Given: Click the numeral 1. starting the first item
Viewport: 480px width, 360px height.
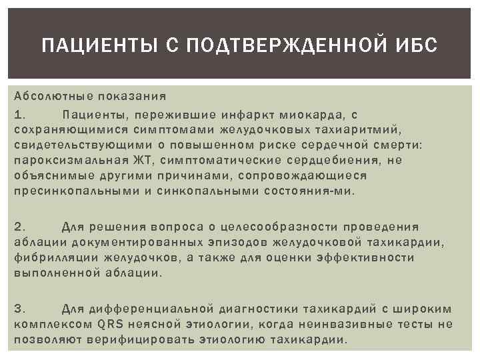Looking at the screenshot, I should tap(19, 115).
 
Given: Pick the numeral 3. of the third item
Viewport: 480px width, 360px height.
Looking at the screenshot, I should tap(19, 308).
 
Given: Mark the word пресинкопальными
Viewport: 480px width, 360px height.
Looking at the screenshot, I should tap(75, 191).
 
